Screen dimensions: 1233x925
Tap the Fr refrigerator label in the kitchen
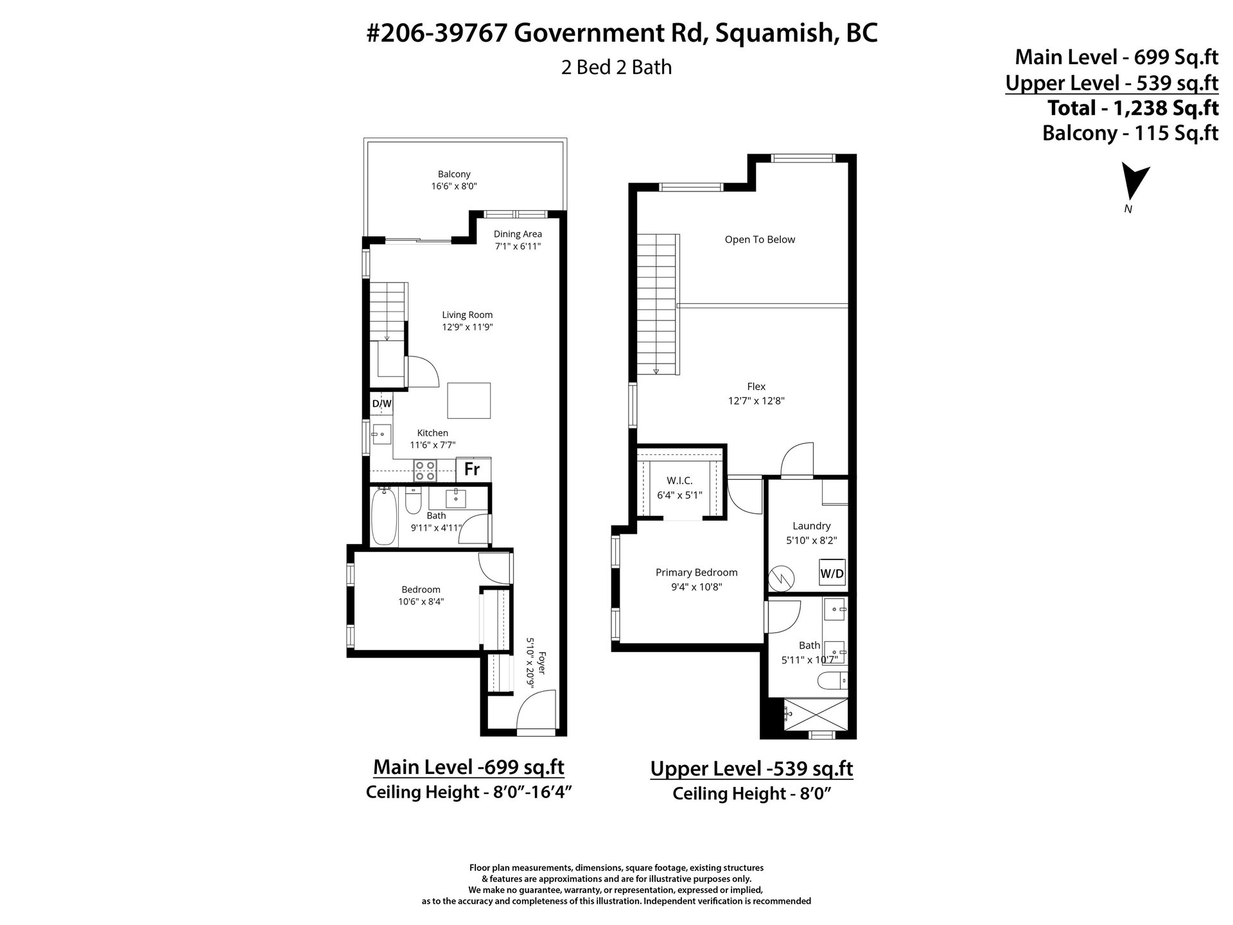pyautogui.click(x=472, y=469)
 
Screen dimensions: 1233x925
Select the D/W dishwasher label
pyautogui.click(x=381, y=403)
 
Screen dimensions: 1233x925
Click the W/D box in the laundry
pyautogui.click(x=832, y=573)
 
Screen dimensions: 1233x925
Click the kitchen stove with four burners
pyautogui.click(x=425, y=470)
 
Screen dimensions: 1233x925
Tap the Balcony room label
pyautogui.click(x=454, y=174)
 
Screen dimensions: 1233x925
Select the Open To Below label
pyautogui.click(x=760, y=240)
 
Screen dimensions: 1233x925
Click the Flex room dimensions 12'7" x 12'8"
pyautogui.click(x=756, y=401)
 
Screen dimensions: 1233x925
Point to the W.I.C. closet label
pyautogui.click(x=680, y=480)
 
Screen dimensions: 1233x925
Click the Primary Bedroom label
pyautogui.click(x=697, y=572)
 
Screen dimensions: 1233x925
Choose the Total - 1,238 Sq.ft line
pyautogui.click(x=1133, y=107)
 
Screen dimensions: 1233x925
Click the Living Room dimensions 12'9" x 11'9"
pyautogui.click(x=468, y=327)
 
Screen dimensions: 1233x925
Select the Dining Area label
pyautogui.click(x=518, y=234)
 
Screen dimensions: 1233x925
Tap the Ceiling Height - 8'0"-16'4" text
pyautogui.click(x=468, y=792)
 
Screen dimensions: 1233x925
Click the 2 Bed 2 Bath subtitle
pyautogui.click(x=616, y=67)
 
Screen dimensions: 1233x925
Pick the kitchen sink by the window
pyautogui.click(x=382, y=435)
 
